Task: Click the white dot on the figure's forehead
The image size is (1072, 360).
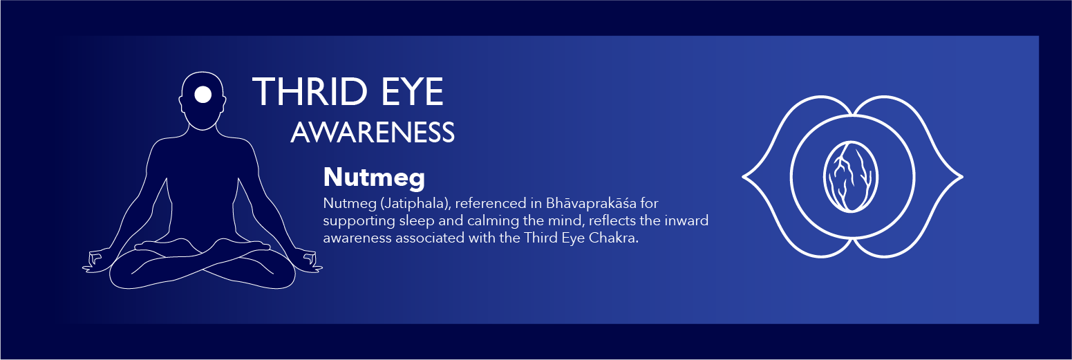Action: [203, 95]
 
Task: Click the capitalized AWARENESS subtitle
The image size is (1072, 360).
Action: [373, 132]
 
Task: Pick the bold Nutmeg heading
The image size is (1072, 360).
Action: [374, 178]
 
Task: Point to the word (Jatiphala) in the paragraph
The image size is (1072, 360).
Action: [415, 203]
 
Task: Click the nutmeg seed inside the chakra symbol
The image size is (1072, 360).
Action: [851, 177]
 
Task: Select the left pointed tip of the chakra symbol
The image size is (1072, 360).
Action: [743, 177]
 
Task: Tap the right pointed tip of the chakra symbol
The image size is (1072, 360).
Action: [961, 177]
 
